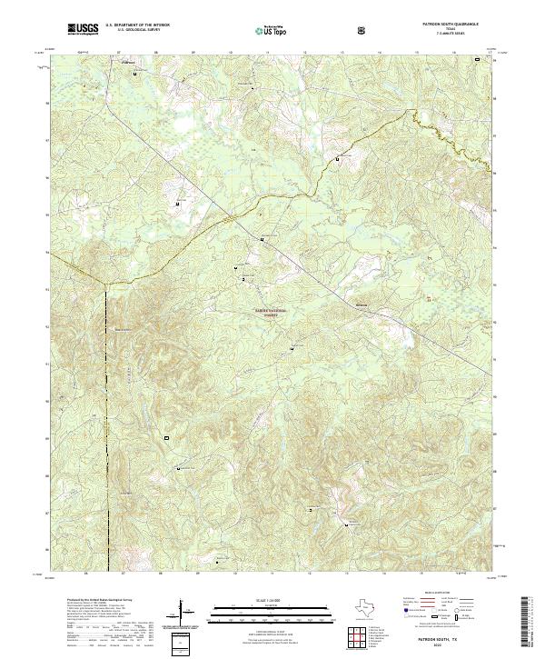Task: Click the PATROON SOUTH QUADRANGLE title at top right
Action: pyautogui.click(x=445, y=25)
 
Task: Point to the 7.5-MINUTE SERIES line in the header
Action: pyautogui.click(x=445, y=35)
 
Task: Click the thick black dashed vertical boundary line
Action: pyautogui.click(x=106, y=409)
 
